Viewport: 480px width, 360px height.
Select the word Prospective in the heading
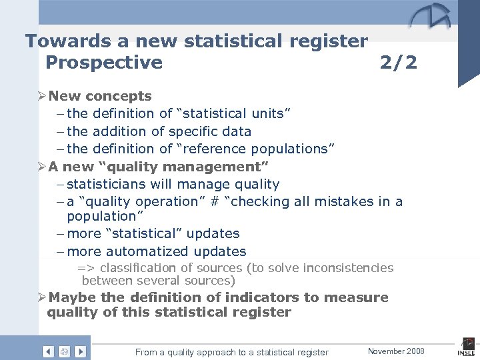103,62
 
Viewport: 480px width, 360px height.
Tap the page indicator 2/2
398,62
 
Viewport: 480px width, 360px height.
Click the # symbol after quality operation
214,201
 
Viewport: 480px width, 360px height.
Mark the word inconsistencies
348,268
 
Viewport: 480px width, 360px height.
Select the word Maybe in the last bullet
73,297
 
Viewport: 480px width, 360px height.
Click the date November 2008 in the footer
396,351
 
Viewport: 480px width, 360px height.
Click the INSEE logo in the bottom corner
465,347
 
